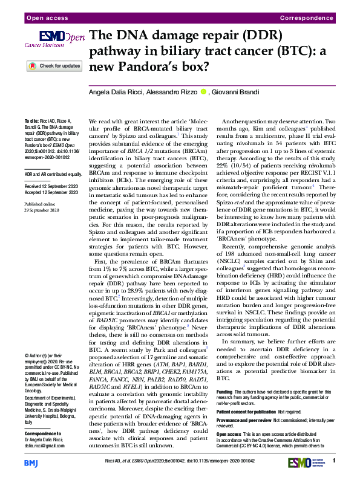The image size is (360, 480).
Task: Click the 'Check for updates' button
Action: point(53,66)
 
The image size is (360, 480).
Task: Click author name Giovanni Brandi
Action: point(238,92)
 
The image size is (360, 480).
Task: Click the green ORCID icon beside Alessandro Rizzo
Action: point(204,92)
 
